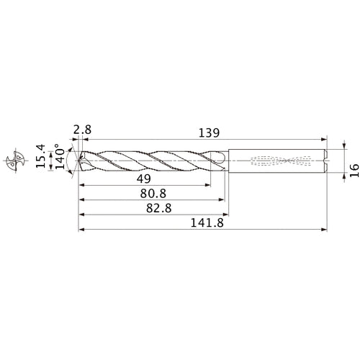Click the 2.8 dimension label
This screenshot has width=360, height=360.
click(81, 130)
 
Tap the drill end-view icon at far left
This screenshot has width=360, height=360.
click(14, 159)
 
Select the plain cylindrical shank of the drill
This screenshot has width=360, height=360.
click(277, 159)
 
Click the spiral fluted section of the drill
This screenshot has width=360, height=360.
click(151, 159)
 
